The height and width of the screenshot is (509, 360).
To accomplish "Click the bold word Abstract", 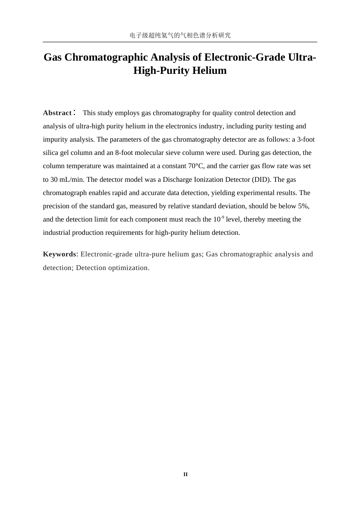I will [x=57, y=113].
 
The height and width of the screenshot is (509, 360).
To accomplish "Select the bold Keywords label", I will [x=59, y=254].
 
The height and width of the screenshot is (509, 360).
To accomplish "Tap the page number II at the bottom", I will [x=185, y=475].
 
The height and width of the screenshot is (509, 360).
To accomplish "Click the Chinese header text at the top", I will [x=180, y=35].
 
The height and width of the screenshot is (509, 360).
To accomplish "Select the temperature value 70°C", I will [x=196, y=166].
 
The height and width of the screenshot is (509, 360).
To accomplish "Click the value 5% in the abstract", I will [x=303, y=206].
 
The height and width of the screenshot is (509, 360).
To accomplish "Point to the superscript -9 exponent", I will [x=222, y=217].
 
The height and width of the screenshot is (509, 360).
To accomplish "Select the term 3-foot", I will [x=306, y=139].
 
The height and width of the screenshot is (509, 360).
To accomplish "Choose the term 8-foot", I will [x=124, y=153].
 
